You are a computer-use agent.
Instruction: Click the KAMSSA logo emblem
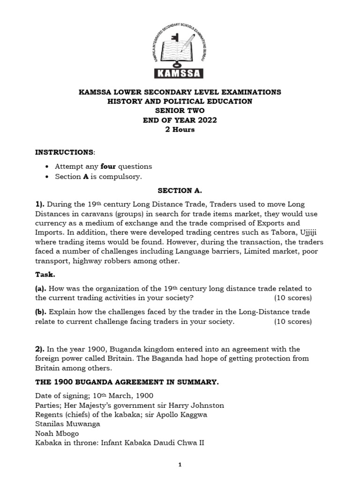click(x=180, y=47)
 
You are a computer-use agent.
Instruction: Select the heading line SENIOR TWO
click(x=180, y=111)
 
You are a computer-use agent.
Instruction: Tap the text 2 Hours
click(x=180, y=129)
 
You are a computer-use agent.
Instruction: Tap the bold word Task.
click(x=45, y=274)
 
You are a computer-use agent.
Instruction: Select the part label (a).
click(x=41, y=288)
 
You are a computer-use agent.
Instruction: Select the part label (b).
click(x=41, y=312)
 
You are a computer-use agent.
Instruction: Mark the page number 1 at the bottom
click(x=180, y=465)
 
